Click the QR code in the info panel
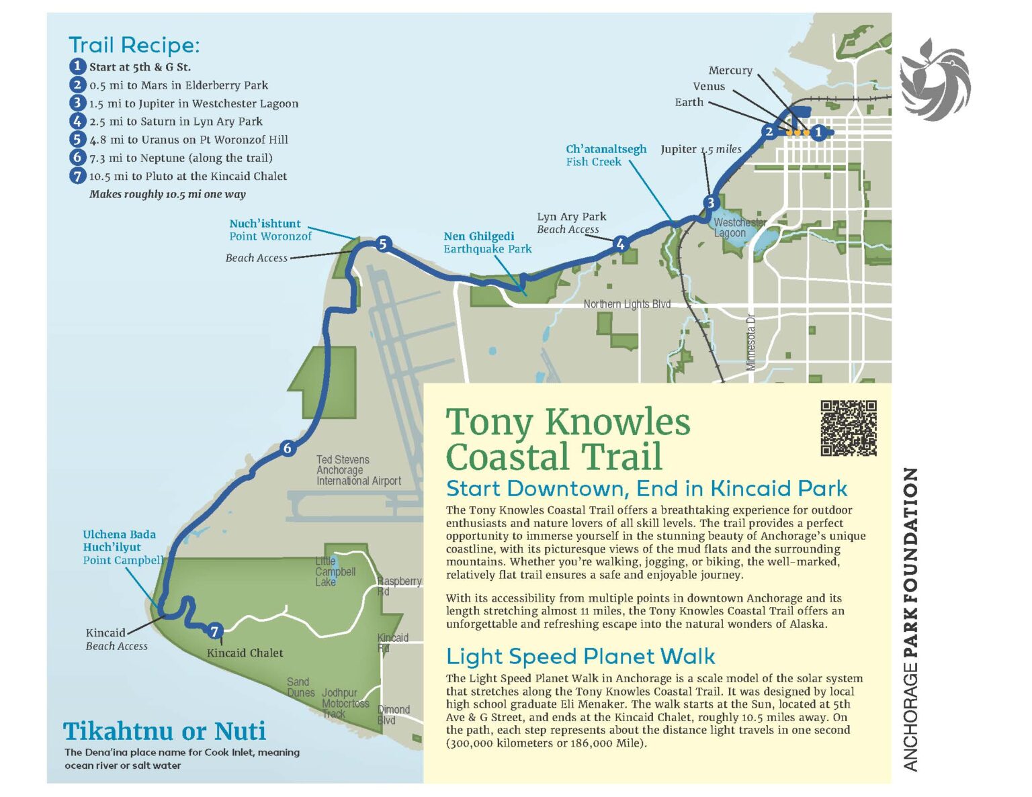coord(849,428)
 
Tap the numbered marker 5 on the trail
coord(382,244)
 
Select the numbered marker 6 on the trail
coord(288,448)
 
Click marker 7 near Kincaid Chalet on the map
coord(214,631)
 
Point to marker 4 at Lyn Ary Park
coord(620,244)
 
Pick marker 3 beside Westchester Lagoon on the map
coord(711,202)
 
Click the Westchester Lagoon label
coord(738,228)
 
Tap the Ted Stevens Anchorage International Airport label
coord(358,470)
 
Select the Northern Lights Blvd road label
coord(626,304)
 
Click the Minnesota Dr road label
coord(751,342)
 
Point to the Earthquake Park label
coord(487,249)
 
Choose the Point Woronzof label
coord(270,236)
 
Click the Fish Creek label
coord(593,162)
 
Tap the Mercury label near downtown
coord(730,71)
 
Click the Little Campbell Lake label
coord(335,571)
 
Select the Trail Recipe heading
coord(134,45)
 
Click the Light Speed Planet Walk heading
coord(580,656)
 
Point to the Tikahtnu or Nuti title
coord(165,731)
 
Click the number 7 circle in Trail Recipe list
coord(78,176)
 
